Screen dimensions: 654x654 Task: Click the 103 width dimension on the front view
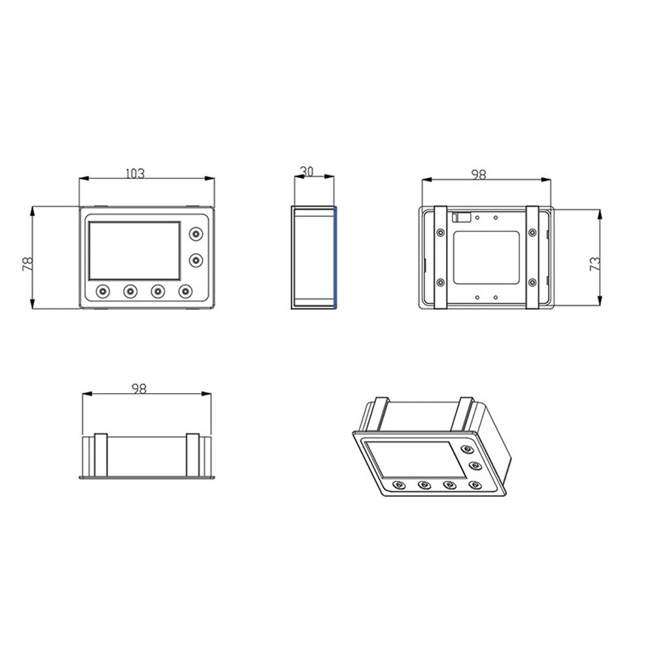point(135,173)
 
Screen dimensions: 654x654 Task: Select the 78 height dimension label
point(27,263)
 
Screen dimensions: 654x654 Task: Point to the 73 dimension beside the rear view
point(595,264)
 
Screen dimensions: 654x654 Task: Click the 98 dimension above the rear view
point(479,174)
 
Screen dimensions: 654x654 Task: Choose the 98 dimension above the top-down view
point(138,388)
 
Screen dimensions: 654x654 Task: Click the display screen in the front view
point(134,249)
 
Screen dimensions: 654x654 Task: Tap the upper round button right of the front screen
point(195,234)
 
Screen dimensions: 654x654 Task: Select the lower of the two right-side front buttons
point(195,260)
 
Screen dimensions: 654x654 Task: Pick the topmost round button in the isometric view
point(467,449)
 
